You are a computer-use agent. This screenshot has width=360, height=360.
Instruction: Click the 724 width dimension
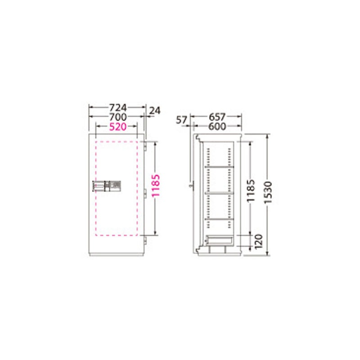pyautogui.click(x=118, y=107)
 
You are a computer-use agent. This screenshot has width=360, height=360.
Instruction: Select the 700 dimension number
pyautogui.click(x=118, y=117)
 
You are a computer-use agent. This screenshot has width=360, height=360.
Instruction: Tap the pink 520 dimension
pyautogui.click(x=118, y=126)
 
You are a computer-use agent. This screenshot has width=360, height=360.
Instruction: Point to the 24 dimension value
pyautogui.click(x=155, y=111)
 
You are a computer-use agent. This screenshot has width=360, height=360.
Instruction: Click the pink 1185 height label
pyautogui.click(x=156, y=185)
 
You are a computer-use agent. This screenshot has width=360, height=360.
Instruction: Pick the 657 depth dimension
pyautogui.click(x=217, y=117)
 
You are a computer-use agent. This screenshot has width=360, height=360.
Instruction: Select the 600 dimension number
pyautogui.click(x=217, y=126)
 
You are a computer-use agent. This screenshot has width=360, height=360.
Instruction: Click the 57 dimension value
pyautogui.click(x=182, y=120)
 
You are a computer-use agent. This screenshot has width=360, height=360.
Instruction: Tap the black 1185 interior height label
pyautogui.click(x=251, y=190)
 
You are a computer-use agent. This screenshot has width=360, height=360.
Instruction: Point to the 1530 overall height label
pyautogui.click(x=268, y=193)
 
